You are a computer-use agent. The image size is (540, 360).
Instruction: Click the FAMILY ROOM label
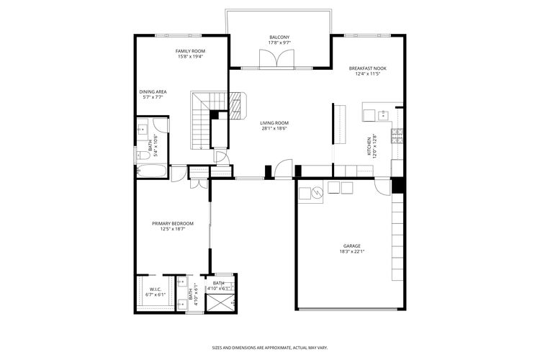coord(191,51)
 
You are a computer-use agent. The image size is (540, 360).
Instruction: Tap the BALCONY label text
coord(279,37)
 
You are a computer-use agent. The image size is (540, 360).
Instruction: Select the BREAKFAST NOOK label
coord(368,68)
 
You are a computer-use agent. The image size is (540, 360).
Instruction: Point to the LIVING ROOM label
coord(274,123)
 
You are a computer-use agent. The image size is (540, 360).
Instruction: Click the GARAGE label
coord(351,246)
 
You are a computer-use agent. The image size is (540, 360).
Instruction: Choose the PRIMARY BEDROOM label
coord(172,223)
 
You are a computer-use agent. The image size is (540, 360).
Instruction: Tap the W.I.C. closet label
coord(156,289)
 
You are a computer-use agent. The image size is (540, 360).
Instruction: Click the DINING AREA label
coord(153,91)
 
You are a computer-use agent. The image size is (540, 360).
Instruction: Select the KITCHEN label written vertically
coord(369,148)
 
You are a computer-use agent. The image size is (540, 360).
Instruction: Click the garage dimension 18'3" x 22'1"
coord(351,251)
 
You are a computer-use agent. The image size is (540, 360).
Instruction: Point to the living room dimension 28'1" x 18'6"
coord(274,129)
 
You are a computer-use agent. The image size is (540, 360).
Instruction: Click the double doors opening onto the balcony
coord(271,60)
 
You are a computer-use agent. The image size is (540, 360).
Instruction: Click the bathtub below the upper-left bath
coord(151,171)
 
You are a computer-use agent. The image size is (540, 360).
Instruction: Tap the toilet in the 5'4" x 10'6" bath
coord(143,154)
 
